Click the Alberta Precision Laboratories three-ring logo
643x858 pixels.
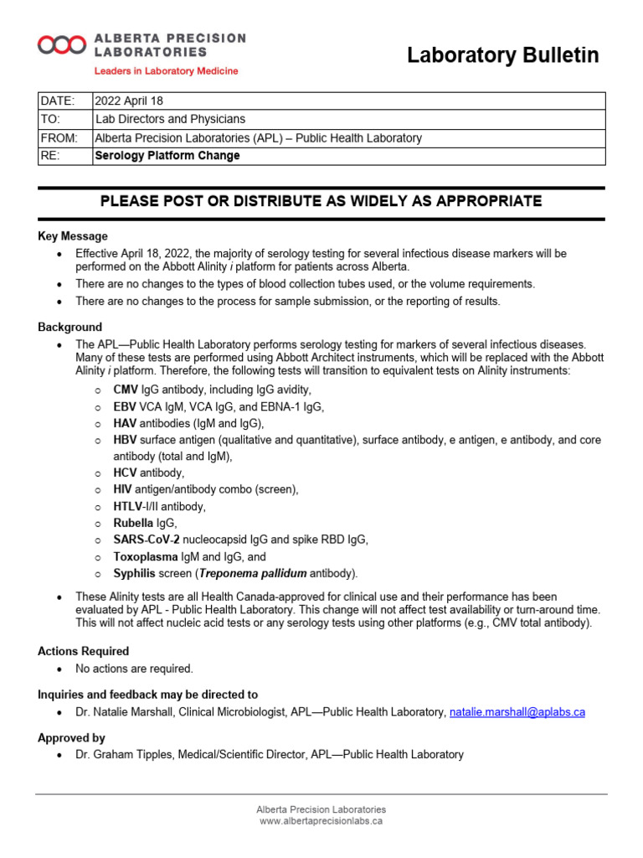click(x=62, y=45)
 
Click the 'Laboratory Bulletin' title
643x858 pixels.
click(x=502, y=55)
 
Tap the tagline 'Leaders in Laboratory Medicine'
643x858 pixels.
click(x=166, y=71)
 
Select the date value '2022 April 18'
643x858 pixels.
click(x=130, y=101)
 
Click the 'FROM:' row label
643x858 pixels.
click(x=59, y=137)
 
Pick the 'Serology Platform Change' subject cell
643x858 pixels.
click(x=167, y=156)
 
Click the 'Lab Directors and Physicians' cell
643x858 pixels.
click(x=171, y=119)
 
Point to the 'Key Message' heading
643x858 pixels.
click(x=73, y=236)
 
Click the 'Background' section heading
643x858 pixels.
click(x=70, y=327)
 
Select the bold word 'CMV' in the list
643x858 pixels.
click(x=126, y=390)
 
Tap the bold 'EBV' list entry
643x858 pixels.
click(x=125, y=406)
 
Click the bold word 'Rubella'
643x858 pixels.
click(x=133, y=523)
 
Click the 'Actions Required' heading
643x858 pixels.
click(x=84, y=651)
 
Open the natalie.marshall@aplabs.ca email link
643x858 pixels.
click(x=517, y=712)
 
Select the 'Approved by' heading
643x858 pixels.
click(x=71, y=738)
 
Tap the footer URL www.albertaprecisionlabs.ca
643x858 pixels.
click(x=321, y=822)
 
